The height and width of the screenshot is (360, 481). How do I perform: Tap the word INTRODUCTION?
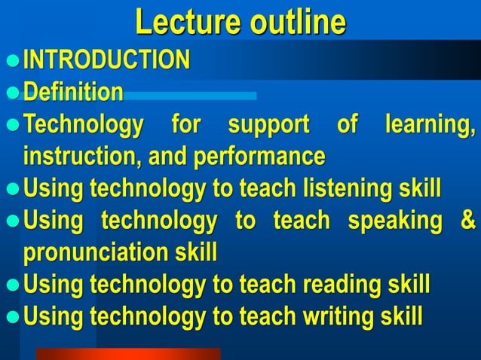(x=106, y=59)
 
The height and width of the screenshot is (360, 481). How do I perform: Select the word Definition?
(x=73, y=93)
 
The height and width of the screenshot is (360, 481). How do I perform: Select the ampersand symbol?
(x=467, y=221)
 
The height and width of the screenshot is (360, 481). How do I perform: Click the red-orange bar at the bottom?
(x=128, y=354)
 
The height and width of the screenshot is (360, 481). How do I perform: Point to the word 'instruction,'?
(x=85, y=157)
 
